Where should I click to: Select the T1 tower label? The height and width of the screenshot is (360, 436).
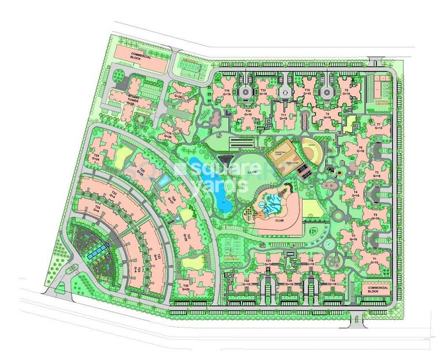(374, 261)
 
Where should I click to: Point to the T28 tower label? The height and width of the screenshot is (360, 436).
(185, 287)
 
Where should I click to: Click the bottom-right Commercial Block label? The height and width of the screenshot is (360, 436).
(377, 289)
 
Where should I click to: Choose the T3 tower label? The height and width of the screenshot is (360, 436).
(375, 216)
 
